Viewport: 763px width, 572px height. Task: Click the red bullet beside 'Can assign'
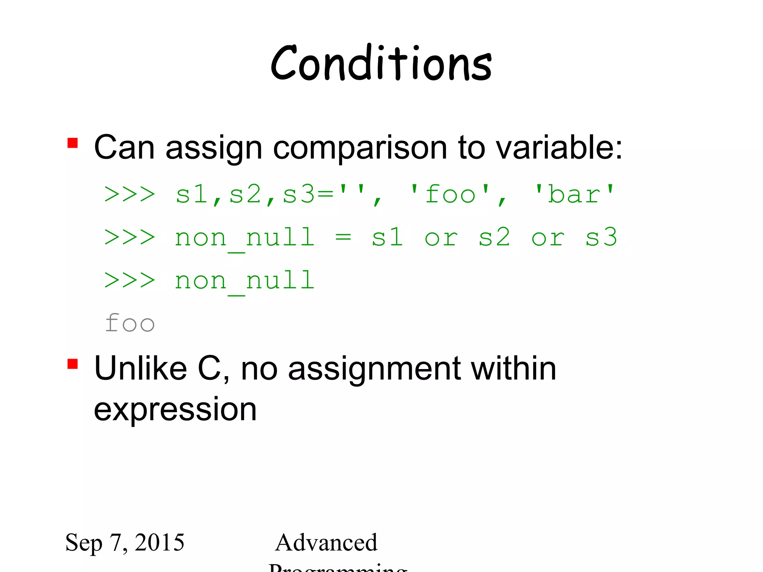pyautogui.click(x=73, y=143)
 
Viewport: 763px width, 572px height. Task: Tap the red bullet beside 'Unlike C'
pyautogui.click(x=73, y=364)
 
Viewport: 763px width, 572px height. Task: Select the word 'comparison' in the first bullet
pyautogui.click(x=360, y=148)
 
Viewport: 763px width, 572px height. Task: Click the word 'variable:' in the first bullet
pyautogui.click(x=559, y=147)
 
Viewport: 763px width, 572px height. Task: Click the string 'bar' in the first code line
pyautogui.click(x=574, y=194)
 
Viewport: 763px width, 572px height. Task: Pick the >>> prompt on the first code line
pyautogui.click(x=130, y=194)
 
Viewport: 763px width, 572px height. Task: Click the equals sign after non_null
pyautogui.click(x=343, y=237)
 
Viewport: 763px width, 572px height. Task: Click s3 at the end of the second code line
pyautogui.click(x=601, y=237)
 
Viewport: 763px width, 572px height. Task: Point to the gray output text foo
pyautogui.click(x=130, y=323)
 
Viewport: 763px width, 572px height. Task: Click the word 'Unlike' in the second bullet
pyautogui.click(x=140, y=368)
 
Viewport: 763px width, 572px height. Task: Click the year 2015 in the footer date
pyautogui.click(x=159, y=542)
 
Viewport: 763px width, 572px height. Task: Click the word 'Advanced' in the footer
pyautogui.click(x=326, y=542)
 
